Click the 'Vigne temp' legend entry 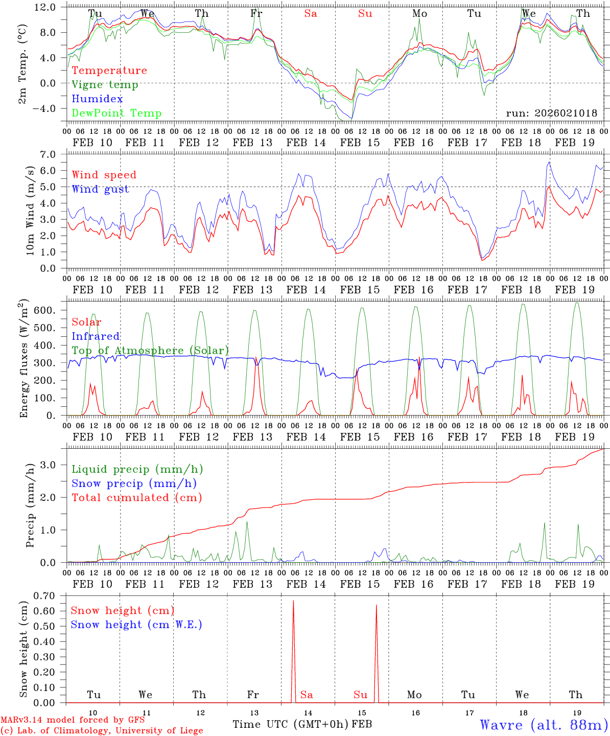point(105,85)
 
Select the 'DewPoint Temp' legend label point(116,113)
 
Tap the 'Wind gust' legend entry point(100,189)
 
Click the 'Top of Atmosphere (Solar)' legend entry point(150,351)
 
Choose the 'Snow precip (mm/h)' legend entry point(134,484)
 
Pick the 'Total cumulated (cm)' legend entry point(136,498)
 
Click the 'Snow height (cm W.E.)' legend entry point(136,625)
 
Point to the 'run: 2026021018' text point(551,113)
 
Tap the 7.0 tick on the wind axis point(55,154)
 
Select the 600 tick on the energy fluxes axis point(50,310)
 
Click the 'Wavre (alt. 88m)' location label point(544,725)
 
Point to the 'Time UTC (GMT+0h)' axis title point(291,725)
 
